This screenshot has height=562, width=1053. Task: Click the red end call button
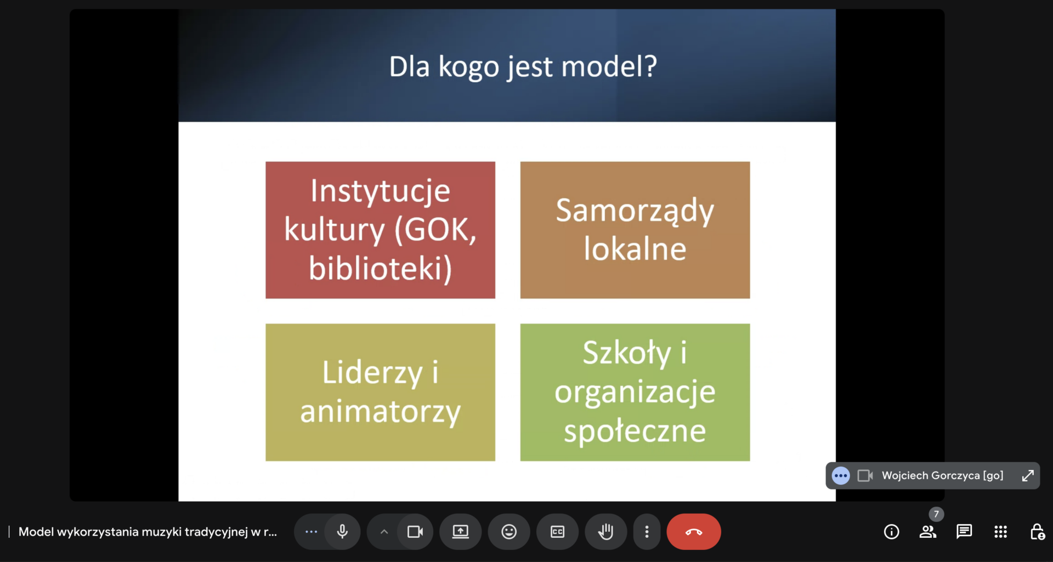[x=694, y=531]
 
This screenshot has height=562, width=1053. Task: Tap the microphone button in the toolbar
[x=342, y=531]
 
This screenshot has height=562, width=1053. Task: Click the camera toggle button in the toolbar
[x=415, y=531]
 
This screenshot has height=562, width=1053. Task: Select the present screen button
[x=461, y=531]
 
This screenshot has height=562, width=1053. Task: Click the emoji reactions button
[x=509, y=531]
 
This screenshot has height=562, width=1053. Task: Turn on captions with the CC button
[x=557, y=531]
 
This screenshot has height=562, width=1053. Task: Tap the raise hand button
[x=605, y=531]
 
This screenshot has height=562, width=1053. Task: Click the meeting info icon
[x=892, y=531]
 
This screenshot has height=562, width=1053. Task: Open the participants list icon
[x=928, y=531]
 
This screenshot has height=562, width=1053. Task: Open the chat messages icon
[x=964, y=531]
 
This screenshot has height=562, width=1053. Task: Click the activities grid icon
[x=1000, y=531]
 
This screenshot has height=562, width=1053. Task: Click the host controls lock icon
[x=1037, y=531]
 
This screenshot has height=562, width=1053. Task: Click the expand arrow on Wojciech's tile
[x=1028, y=475]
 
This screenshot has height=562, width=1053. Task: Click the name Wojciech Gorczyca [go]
[x=942, y=475]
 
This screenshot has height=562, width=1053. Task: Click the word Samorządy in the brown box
[x=635, y=211]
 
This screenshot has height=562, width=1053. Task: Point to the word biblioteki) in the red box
[x=380, y=268]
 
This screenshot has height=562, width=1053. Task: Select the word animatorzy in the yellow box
[x=380, y=412]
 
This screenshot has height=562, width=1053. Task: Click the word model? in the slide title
[x=609, y=66]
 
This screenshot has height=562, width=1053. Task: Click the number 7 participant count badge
[x=936, y=514]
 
